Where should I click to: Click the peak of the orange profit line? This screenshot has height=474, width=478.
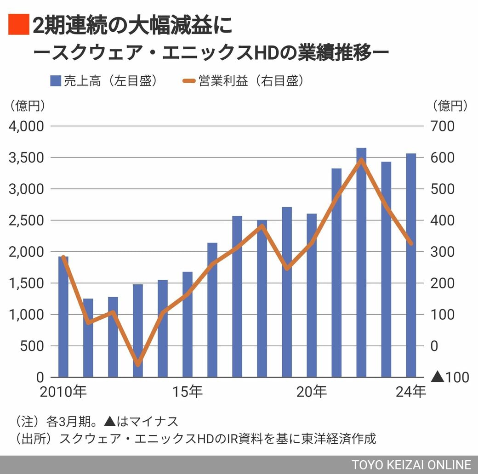[x=361, y=160]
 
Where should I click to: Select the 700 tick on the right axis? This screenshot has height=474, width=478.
[x=442, y=126]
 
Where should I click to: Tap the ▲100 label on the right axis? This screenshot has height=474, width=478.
[x=450, y=378]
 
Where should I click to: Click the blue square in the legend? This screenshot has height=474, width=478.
[x=55, y=81]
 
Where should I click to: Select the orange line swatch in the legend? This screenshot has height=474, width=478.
[x=189, y=81]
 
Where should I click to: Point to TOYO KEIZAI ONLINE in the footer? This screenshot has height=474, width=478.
[x=411, y=464]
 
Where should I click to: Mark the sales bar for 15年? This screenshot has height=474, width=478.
[x=188, y=324]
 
